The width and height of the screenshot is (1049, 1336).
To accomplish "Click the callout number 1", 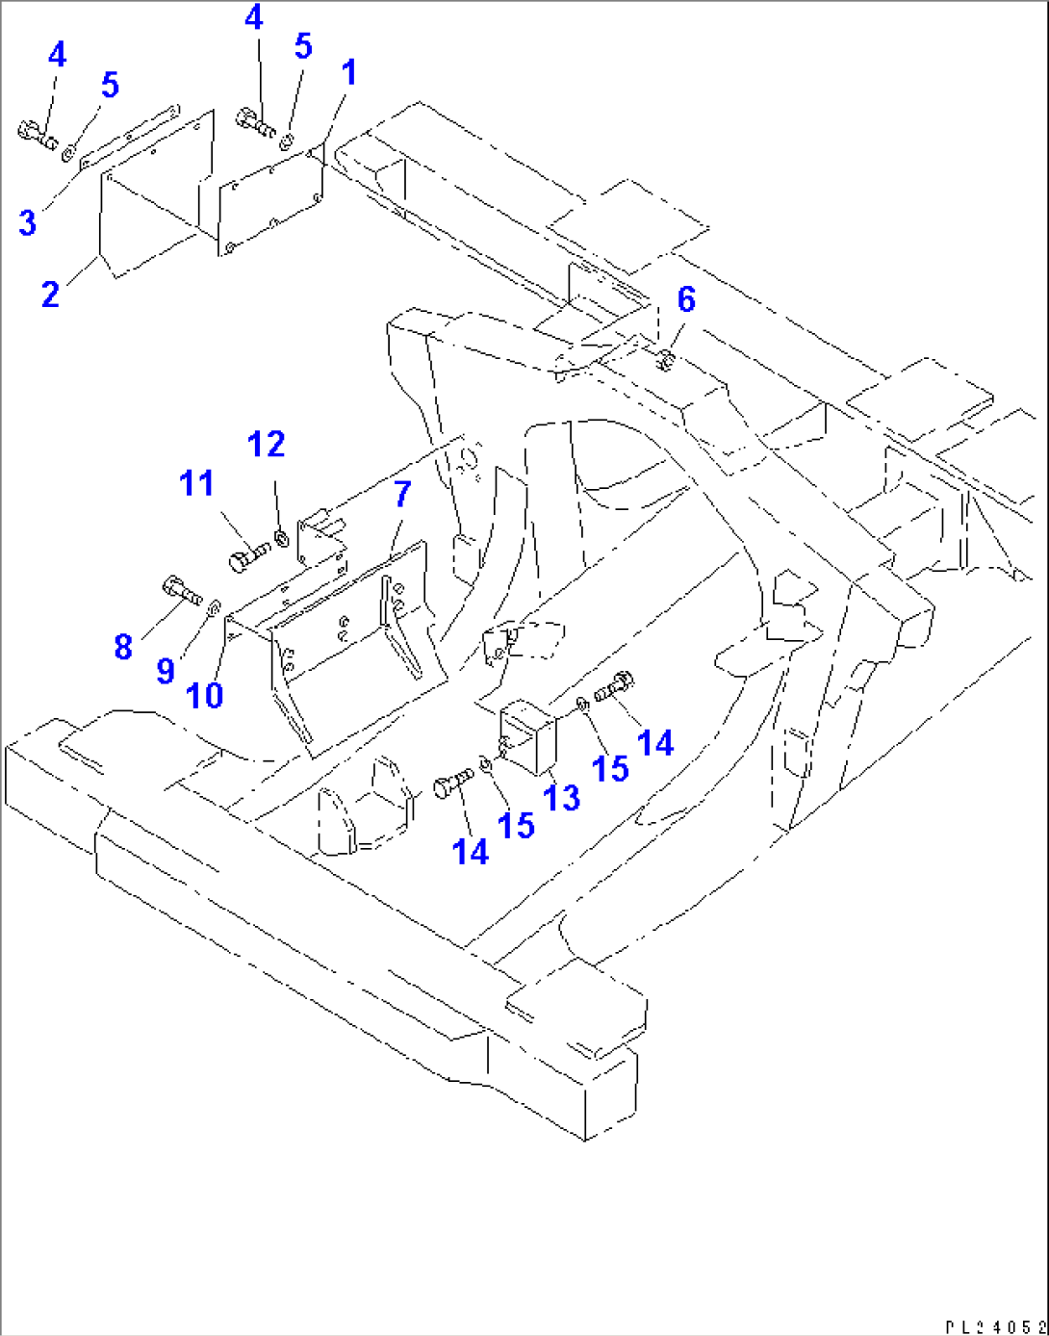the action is tap(349, 73).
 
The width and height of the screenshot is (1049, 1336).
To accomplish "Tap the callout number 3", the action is tap(27, 222).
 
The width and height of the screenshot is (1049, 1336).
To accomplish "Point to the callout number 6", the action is tap(686, 299).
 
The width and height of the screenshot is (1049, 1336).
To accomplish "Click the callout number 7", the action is tap(402, 494).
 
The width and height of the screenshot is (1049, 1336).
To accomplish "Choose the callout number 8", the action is tap(123, 647).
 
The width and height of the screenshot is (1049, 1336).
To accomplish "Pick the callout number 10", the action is tap(205, 695).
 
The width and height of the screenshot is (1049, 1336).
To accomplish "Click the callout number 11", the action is tap(196, 482).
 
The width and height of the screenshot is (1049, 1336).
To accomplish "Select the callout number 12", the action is tap(267, 444).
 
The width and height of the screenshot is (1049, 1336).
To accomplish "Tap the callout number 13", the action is tap(562, 797).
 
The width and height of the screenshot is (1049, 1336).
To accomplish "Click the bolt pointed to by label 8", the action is tap(182, 590).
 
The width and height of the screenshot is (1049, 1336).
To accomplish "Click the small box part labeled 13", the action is tap(528, 736).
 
